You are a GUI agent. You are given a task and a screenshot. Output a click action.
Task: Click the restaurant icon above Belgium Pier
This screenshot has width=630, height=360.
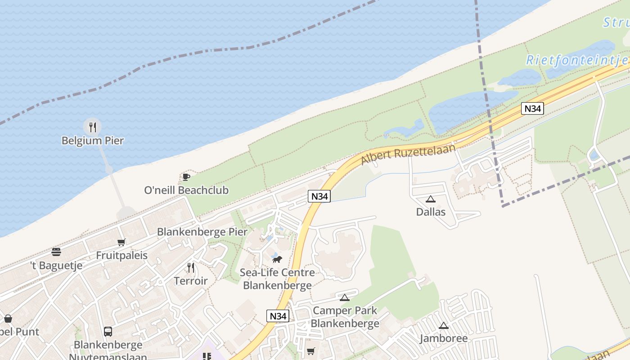pos(92,127)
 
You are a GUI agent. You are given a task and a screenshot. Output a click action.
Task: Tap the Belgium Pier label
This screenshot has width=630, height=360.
pos(92,141)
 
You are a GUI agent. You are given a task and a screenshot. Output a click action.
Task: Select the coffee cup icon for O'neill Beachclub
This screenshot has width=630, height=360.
pos(186,177)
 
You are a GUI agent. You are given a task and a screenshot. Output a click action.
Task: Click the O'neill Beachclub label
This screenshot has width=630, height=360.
pos(186,190)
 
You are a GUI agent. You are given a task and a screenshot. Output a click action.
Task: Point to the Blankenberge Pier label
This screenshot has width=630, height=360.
pos(202,232)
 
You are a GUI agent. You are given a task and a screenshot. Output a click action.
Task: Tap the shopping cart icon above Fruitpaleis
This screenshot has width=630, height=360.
pos(121,243)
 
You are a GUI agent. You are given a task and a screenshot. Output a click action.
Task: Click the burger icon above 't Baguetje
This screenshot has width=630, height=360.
pos(56,252)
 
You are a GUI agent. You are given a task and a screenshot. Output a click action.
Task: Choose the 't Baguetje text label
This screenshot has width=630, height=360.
pos(56,265)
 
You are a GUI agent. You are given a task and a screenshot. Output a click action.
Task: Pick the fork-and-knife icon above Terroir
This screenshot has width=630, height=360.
pos(191,268)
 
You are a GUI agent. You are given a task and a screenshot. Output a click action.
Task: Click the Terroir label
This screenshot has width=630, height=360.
pos(191,281)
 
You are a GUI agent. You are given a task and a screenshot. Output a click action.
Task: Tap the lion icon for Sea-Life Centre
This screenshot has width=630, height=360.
pos(277,259)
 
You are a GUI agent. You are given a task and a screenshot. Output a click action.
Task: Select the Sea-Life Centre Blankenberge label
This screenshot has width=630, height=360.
pos(277,279)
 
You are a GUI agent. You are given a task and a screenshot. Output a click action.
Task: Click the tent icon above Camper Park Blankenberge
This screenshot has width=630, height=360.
pos(345,297)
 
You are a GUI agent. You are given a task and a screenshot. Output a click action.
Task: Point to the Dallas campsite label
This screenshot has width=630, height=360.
pos(431,212)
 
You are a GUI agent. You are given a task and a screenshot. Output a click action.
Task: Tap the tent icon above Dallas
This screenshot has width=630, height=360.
pos(431,199)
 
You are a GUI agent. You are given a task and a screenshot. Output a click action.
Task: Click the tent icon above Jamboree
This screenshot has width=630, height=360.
pos(444,326)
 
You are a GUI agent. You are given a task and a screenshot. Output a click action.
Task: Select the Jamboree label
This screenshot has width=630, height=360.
pos(444,338)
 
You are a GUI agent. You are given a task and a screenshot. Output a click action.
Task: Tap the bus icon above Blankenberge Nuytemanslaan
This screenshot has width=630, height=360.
pos(108,332)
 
